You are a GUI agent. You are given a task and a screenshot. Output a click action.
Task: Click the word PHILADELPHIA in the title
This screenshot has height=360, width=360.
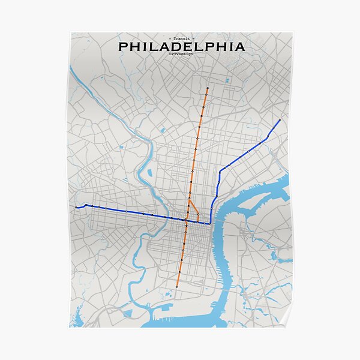pos(181,46)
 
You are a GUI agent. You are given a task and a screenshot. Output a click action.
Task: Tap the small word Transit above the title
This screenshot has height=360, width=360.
pos(181,38)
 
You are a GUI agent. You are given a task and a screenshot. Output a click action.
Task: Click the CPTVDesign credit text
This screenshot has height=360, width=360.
pos(181,54)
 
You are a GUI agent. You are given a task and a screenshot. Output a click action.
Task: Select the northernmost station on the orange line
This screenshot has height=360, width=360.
pos(207,88)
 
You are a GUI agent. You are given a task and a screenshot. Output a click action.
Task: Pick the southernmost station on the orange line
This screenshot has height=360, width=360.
pos(177,287)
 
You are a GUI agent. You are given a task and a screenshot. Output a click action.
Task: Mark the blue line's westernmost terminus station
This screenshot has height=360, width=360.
pos(76,207)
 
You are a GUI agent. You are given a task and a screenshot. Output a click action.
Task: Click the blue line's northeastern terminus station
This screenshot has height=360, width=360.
pos(280,120)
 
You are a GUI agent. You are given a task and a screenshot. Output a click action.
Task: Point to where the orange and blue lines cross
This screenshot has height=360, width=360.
pos(186,221)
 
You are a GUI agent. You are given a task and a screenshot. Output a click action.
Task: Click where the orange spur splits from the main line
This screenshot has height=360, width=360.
pos(189,199)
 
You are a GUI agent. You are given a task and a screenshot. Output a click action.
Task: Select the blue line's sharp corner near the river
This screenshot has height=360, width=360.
pos(211,223)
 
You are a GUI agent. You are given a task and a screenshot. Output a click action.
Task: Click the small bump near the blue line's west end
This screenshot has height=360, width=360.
pos(86,205)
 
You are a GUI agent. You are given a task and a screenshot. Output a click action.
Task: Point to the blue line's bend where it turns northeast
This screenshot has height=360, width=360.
pos(220,171)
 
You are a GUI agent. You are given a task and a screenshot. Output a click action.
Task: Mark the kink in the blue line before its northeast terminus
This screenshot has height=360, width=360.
pos(266,139)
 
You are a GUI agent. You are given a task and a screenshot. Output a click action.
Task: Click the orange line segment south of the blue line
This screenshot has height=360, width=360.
pos(182,252)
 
